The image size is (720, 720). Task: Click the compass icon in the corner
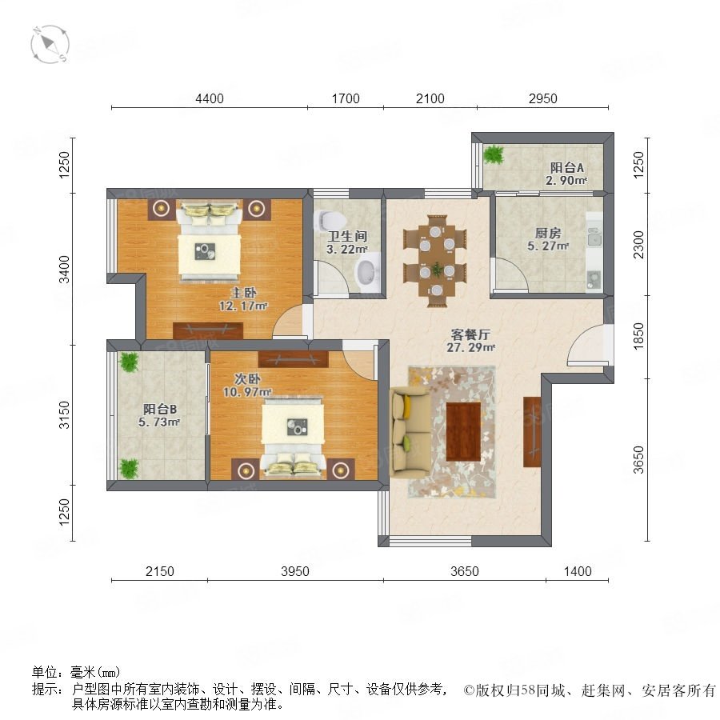coord(50,45)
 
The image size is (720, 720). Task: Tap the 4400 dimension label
coord(210,98)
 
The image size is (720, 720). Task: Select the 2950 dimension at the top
coord(542,98)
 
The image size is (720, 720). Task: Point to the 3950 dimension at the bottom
coord(294,571)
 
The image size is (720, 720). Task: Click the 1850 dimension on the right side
coord(638,337)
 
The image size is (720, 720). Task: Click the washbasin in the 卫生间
coord(368,274)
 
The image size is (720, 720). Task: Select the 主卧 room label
coord(243,293)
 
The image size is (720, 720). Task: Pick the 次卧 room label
coord(247,379)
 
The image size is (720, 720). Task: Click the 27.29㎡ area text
coord(470,348)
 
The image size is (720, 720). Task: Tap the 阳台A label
coord(567,168)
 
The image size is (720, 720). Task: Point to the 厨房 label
coord(548,234)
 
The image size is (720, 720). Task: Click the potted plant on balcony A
coord(494,154)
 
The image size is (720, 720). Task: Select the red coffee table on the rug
coord(463,432)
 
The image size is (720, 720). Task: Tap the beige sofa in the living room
coord(410,433)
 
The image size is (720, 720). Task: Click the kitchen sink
coord(594,237)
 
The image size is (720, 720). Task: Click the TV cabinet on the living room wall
coord(532,432)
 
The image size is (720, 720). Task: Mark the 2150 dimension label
coord(160,571)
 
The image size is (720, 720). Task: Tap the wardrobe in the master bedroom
coord(208,330)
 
